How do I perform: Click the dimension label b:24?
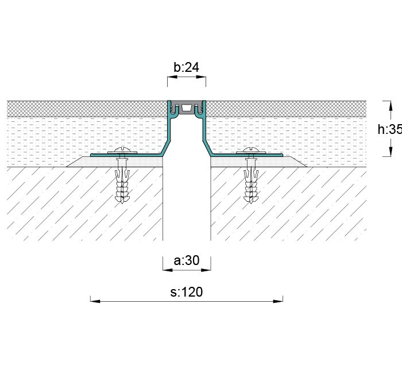[186, 68]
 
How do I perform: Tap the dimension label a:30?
[186, 261]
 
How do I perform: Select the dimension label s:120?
[187, 292]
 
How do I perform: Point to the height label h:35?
[389, 129]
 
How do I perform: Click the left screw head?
[122, 152]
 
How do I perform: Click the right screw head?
[251, 152]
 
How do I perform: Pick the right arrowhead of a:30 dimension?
[208, 268]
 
